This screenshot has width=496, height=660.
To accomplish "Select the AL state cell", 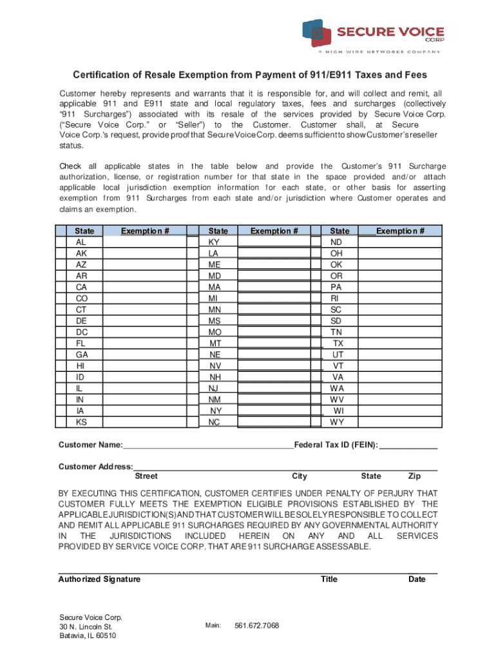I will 81,242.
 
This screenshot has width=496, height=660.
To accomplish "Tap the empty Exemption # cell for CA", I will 144,287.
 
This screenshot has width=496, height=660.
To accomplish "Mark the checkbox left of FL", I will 62,344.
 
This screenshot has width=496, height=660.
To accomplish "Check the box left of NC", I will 193,423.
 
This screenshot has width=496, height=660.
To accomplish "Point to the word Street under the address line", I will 146,476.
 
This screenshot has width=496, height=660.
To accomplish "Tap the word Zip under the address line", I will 415,476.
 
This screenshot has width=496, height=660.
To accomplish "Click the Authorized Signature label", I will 99,579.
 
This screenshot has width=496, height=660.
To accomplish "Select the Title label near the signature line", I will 329,579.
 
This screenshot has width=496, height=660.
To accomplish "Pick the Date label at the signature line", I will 417,579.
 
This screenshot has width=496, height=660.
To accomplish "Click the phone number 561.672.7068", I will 257,626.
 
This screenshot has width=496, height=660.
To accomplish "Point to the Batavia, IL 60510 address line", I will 88,636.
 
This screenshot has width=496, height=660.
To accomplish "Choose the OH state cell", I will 336,253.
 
